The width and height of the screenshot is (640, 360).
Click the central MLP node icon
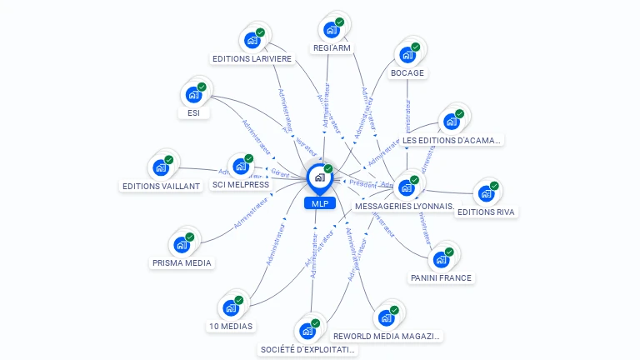[319, 177]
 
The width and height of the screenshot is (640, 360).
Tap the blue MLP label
[320, 203]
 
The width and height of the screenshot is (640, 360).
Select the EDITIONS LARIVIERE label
[252, 59]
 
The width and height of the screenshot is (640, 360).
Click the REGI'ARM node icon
[332, 30]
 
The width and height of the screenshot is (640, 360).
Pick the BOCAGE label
[407, 72]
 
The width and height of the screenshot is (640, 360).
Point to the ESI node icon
[194, 95]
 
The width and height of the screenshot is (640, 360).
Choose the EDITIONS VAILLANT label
[162, 186]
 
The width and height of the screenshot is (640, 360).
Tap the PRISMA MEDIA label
[182, 262]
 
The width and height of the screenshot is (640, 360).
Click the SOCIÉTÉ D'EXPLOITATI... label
[308, 349]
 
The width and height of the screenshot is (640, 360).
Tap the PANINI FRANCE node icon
[441, 259]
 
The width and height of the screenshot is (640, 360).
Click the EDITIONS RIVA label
[487, 212]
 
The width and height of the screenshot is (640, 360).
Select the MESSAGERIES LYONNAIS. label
[404, 205]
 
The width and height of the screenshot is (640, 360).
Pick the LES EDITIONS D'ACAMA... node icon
[452, 122]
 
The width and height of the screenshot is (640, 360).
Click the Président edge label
[363, 182]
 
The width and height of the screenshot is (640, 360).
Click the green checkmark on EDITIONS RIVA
[494, 186]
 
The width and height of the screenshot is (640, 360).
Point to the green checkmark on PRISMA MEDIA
[189, 237]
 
